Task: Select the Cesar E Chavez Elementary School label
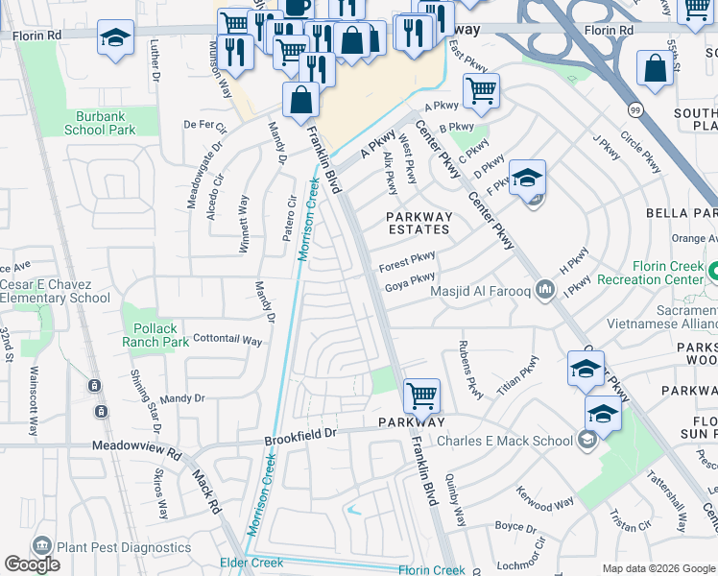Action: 55,291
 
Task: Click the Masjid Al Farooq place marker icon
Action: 546,288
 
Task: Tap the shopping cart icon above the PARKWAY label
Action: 421,395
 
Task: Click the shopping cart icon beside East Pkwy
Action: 481,91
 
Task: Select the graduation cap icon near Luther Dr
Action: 116,38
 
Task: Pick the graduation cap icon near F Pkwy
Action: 527,178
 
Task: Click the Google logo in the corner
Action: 32,564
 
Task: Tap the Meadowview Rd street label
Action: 137,446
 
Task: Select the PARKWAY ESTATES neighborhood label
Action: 419,223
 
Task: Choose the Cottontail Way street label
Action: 227,340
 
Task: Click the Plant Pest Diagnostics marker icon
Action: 41,546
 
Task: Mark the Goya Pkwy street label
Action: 410,279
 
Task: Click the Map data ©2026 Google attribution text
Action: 658,568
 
